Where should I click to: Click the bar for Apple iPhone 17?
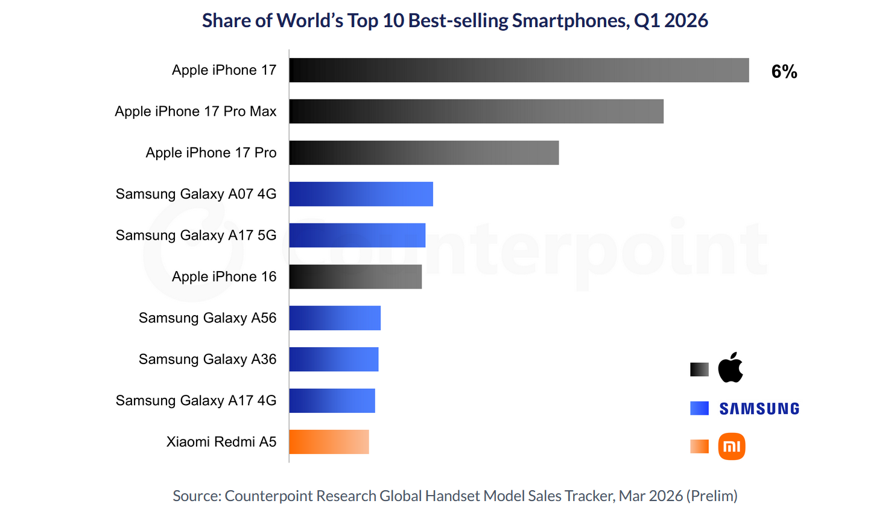coord(519,70)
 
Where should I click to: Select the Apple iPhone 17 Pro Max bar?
coord(477,112)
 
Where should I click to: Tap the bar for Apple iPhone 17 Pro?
coord(424,153)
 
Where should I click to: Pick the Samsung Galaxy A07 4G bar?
coord(361,194)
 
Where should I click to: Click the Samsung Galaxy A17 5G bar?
coord(357,235)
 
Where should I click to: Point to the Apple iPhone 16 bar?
coord(355,276)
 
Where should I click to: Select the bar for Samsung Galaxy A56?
coord(335,318)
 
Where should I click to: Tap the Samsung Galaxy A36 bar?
coord(334,359)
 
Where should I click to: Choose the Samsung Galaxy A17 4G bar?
coord(332,401)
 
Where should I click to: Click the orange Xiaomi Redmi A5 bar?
coord(329,442)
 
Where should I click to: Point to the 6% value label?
coord(784,71)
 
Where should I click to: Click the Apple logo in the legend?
coord(731,368)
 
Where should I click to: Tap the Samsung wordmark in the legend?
coord(759,409)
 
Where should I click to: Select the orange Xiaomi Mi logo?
coord(732,446)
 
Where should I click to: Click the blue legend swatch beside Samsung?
coord(699,408)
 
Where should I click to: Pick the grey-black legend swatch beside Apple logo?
coord(699,369)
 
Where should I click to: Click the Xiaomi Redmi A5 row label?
coord(221,442)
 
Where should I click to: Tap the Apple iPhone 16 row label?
coord(224,276)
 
